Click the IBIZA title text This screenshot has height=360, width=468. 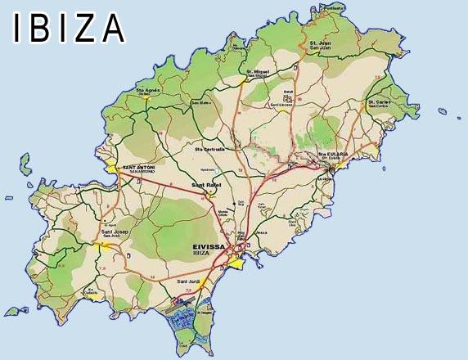click(69, 28)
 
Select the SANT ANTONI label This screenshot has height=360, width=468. click(138, 168)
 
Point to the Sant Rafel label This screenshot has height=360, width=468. click(206, 186)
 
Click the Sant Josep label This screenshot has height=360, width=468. click(115, 232)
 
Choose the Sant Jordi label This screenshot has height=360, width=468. click(189, 282)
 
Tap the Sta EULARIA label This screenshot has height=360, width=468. click(334, 153)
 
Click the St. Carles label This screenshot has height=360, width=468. click(379, 102)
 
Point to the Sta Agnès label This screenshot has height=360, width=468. click(147, 90)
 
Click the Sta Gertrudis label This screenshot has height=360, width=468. click(210, 150)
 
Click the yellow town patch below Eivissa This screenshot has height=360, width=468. click(237, 263)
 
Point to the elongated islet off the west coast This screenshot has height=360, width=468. click(25, 164)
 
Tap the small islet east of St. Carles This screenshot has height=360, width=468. click(443, 110)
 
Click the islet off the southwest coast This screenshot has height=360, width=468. click(13, 311)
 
